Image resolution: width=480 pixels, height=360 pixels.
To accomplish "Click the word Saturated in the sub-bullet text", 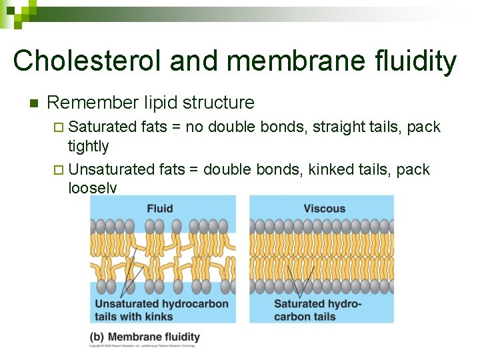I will click(103, 127).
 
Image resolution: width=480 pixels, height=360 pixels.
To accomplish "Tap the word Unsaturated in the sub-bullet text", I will click(113, 169).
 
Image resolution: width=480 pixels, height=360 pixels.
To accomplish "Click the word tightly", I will click(88, 146).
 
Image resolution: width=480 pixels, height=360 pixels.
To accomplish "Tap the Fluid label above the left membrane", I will click(160, 209).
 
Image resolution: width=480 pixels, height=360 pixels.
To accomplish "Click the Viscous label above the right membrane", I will click(324, 209).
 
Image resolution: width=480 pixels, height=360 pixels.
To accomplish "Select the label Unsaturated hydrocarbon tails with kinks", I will click(162, 310).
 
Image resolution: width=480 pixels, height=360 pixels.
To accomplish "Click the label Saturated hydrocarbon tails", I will click(317, 310).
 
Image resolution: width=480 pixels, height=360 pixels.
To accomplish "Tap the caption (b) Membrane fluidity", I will click(145, 337).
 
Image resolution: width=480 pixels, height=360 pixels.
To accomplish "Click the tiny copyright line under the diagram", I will click(145, 347).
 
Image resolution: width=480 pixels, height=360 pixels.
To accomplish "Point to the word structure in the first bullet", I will click(218, 103).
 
